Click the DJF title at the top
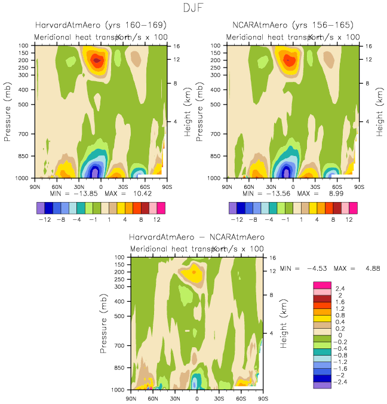(193, 8)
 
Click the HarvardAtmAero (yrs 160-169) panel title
(100, 25)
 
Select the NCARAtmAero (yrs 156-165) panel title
(293, 25)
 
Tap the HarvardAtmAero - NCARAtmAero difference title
(196, 237)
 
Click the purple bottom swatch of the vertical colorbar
(321, 385)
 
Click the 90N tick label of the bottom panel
(131, 397)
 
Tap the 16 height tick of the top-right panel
(368, 46)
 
